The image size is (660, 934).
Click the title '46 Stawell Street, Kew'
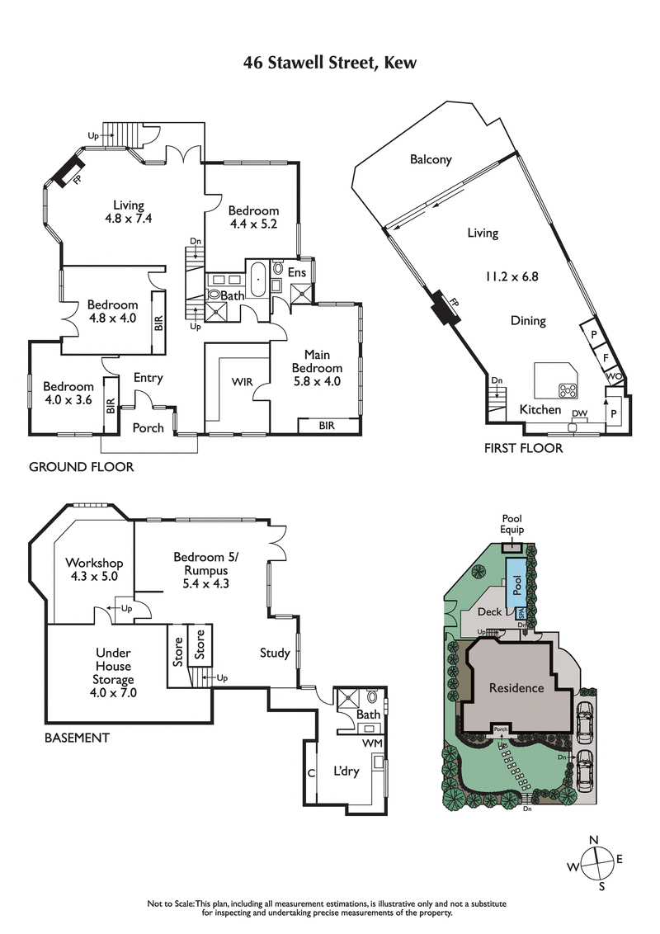329,63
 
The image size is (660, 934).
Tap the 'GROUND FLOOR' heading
81,467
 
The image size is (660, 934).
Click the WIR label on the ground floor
243,382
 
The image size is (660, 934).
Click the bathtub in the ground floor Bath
259,279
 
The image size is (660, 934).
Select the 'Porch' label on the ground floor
148,427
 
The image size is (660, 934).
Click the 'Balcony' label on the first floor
431,160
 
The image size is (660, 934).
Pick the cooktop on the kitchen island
568,389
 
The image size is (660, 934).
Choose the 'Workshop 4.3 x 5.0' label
92,570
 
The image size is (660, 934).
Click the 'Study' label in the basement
275,653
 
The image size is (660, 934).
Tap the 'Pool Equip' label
512,524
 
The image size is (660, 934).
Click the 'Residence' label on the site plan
516,687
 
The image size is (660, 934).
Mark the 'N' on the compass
592,840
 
